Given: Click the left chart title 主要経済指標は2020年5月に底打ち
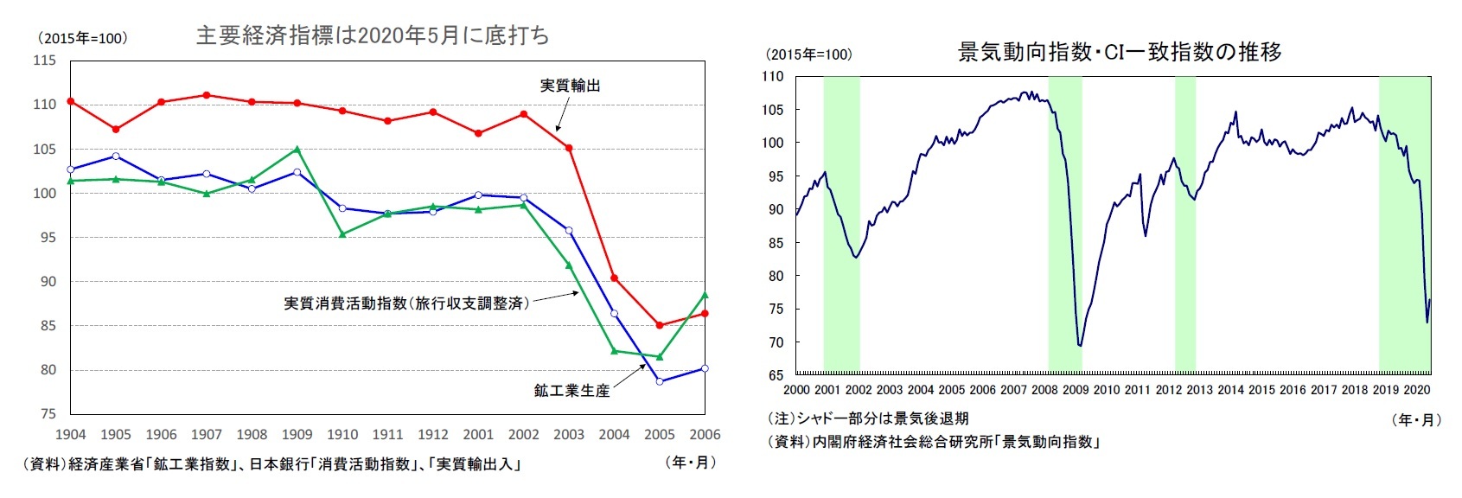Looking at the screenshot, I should pyautogui.click(x=372, y=35).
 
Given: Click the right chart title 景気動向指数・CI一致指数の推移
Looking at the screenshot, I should pyautogui.click(x=1119, y=52).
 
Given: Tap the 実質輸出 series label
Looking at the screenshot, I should pyautogui.click(x=570, y=86).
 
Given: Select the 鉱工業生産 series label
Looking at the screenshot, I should pyautogui.click(x=571, y=391).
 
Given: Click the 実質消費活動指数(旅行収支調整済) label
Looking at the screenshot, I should pyautogui.click(x=406, y=303).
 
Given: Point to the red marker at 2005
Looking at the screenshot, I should pyautogui.click(x=660, y=325).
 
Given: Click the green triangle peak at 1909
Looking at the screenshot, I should pyautogui.click(x=297, y=150).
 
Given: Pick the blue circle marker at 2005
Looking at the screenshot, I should pyautogui.click(x=660, y=381).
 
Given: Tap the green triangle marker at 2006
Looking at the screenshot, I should pyautogui.click(x=705, y=296).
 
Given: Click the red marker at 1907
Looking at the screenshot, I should pyautogui.click(x=207, y=95).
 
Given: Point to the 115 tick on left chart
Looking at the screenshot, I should pyautogui.click(x=44, y=61).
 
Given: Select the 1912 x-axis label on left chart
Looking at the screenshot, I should pyautogui.click(x=433, y=435).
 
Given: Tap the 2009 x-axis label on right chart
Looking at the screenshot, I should pyautogui.click(x=1076, y=390).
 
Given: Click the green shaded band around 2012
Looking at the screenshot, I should pyautogui.click(x=1184, y=225).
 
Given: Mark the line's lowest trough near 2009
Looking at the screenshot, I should pyautogui.click(x=1079, y=345).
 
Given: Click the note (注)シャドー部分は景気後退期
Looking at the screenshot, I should pyautogui.click(x=868, y=418).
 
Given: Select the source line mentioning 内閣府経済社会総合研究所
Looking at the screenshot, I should pyautogui.click(x=934, y=442).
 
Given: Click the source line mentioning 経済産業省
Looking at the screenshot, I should pyautogui.click(x=272, y=464).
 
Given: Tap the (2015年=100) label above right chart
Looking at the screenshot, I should pyautogui.click(x=809, y=54).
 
